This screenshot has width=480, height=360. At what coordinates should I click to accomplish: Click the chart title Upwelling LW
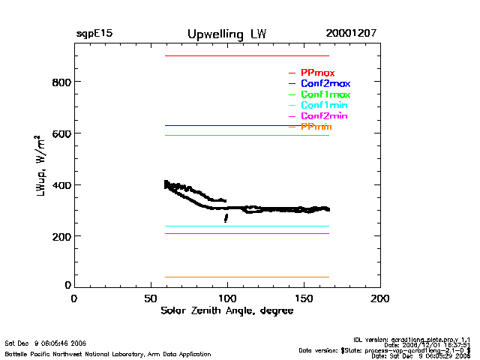point(226,34)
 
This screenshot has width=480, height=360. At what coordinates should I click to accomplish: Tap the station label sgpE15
point(94,34)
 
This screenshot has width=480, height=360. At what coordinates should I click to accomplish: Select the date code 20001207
point(351,34)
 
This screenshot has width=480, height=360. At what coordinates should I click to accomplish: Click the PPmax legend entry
point(317,73)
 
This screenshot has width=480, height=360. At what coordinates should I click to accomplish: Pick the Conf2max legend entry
point(325,83)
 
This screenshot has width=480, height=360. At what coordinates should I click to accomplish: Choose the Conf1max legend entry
point(325,94)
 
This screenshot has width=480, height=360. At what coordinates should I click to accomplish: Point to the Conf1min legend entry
point(324,105)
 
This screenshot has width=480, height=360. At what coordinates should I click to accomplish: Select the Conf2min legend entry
point(324,116)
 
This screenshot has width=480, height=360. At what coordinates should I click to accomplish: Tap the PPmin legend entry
point(316,127)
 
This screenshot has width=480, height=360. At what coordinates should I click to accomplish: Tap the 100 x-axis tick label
point(227,298)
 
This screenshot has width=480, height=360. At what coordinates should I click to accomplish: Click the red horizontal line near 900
point(247,55)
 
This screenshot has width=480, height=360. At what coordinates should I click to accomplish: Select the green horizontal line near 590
point(247,136)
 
